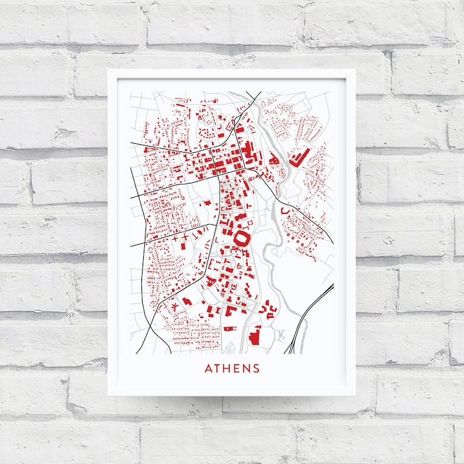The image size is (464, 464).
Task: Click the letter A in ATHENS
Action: [208, 369]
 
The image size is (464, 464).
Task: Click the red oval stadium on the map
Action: [241, 238]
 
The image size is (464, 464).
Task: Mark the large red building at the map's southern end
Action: [254, 338]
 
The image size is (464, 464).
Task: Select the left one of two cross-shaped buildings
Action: [175, 239]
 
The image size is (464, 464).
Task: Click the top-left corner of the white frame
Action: [109, 70]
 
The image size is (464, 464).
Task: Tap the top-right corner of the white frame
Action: [355, 70]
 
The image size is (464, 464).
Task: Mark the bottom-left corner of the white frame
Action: [109, 396]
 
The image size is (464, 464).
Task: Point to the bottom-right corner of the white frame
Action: [355, 396]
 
